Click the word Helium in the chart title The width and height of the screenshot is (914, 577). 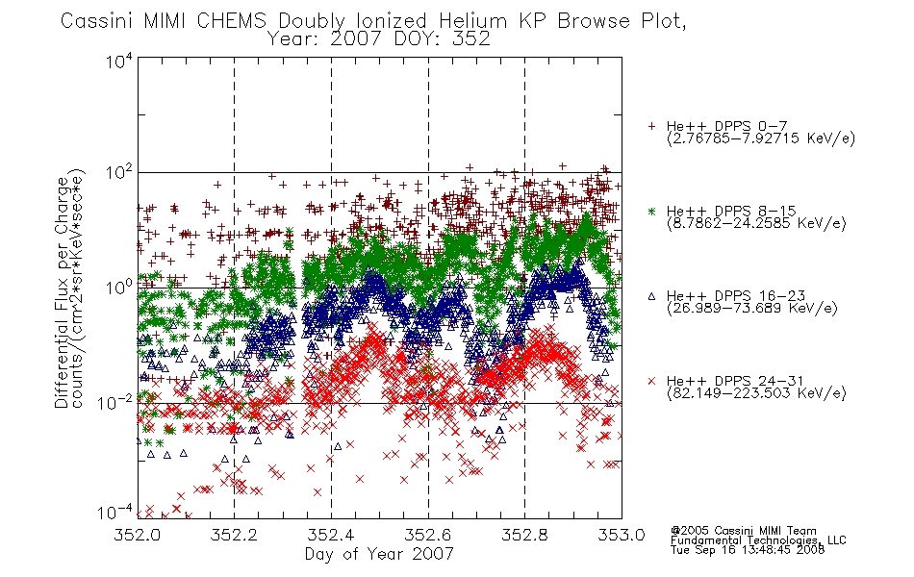coord(472,21)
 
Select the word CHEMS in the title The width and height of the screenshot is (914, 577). coord(232,21)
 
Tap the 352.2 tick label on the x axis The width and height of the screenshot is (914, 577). coord(235,535)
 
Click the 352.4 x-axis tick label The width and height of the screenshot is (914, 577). coord(331,535)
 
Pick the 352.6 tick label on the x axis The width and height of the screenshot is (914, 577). coord(428,535)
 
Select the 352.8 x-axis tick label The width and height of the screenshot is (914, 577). coord(524,535)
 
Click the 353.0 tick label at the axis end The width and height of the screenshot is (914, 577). coord(622,535)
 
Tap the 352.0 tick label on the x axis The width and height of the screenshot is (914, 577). coord(138,535)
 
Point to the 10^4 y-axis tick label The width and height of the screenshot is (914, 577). coord(119,62)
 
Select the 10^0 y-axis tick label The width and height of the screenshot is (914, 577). coord(119,288)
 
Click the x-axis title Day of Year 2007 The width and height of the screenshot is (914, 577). coord(379,554)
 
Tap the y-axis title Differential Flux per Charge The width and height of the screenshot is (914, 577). coord(63,292)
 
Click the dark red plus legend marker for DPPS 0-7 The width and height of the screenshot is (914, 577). coord(651,126)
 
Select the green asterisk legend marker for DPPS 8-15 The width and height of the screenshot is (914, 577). coord(651,211)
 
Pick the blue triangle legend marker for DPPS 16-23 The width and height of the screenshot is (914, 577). coord(651,296)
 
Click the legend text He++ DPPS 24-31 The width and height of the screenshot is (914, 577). coord(735,381)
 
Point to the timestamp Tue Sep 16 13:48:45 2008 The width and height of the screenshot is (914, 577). coord(748,549)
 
